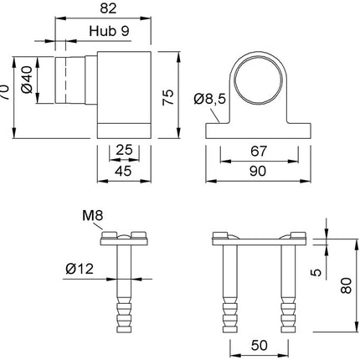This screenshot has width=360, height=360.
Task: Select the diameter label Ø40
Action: pyautogui.click(x=28, y=80)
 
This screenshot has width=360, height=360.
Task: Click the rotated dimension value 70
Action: pyautogui.click(x=5, y=92)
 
